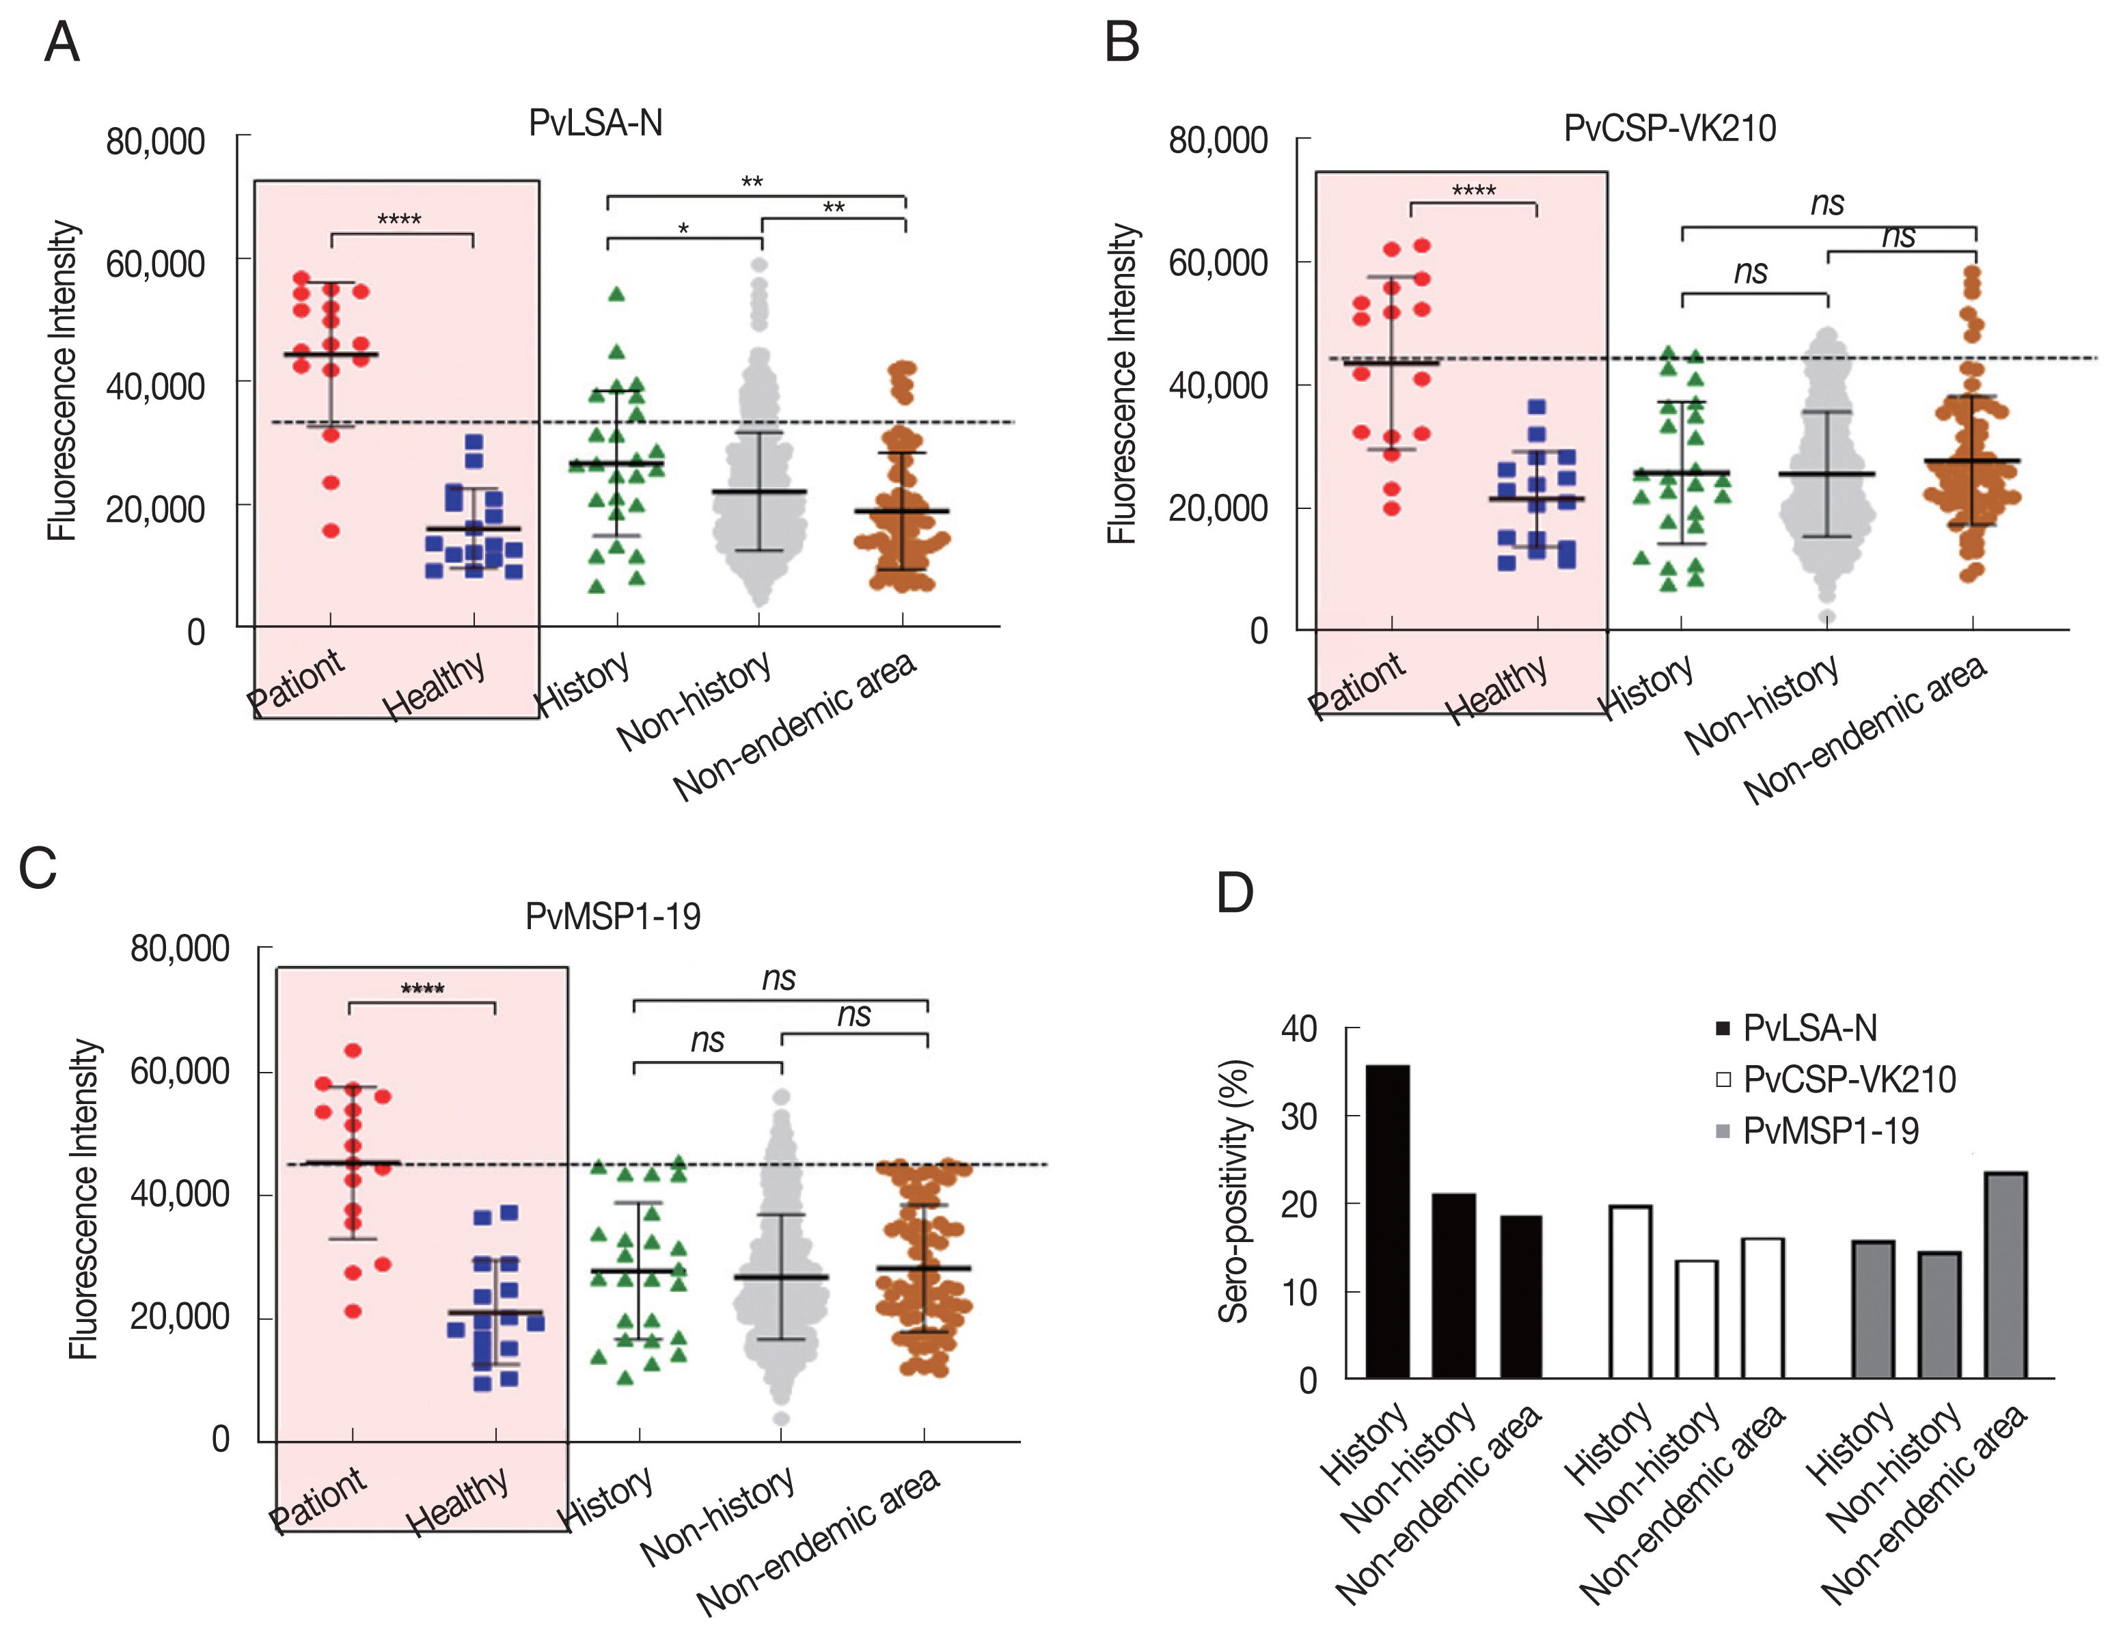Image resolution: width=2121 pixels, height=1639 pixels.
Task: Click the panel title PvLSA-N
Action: pyautogui.click(x=595, y=123)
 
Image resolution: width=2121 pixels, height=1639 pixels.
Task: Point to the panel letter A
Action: pyautogui.click(x=62, y=43)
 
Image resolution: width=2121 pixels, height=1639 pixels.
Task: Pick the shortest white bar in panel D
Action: pyautogui.click(x=1697, y=1319)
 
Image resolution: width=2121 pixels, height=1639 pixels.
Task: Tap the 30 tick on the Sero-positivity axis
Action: pyautogui.click(x=1298, y=1116)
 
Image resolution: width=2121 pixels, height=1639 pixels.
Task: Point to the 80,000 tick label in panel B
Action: pyautogui.click(x=1218, y=141)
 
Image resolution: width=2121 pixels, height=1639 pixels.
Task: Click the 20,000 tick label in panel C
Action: pyautogui.click(x=180, y=1317)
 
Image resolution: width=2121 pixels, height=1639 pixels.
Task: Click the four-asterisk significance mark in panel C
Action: pyautogui.click(x=422, y=989)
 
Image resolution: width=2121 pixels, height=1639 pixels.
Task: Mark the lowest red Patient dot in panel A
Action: pyautogui.click(x=331, y=531)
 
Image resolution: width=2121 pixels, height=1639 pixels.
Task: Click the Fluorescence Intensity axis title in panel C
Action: pyautogui.click(x=85, y=1199)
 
